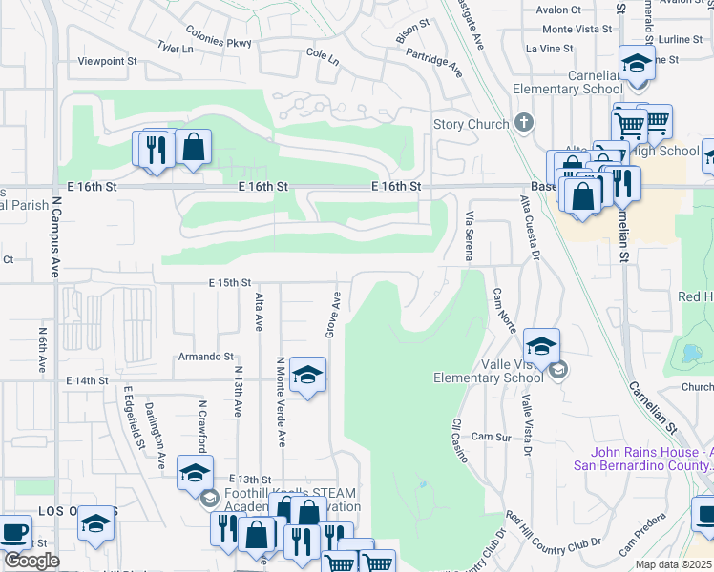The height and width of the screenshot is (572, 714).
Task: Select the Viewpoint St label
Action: pyautogui.click(x=108, y=60)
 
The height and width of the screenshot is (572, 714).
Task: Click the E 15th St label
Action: pyautogui.click(x=230, y=283)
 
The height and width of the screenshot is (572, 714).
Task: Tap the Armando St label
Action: pyautogui.click(x=205, y=357)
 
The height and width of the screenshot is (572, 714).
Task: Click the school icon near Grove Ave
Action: pyautogui.click(x=307, y=376)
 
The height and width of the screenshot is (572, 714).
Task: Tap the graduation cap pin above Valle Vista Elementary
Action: pyautogui.click(x=541, y=346)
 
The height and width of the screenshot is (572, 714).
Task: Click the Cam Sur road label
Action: pyautogui.click(x=492, y=437)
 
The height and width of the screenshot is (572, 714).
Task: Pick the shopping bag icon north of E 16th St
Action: pyautogui.click(x=193, y=148)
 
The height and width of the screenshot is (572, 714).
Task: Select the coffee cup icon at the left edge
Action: pyautogui.click(x=15, y=534)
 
